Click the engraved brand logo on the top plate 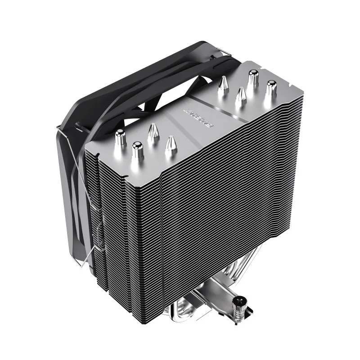(195, 116)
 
